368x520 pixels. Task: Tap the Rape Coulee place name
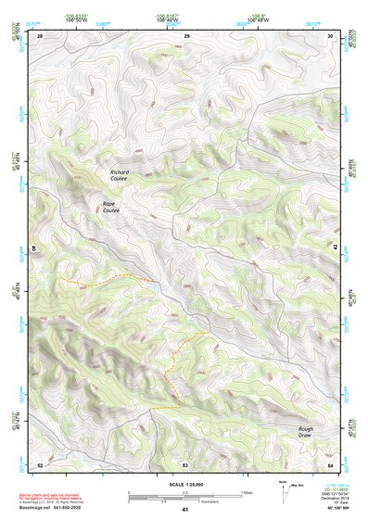tap(110, 208)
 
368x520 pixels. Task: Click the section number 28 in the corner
tap(40, 35)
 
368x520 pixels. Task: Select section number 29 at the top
tap(186, 35)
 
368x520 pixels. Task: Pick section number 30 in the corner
tap(332, 35)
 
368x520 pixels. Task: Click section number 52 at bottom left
tap(40, 463)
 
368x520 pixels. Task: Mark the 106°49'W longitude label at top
tap(170, 19)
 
